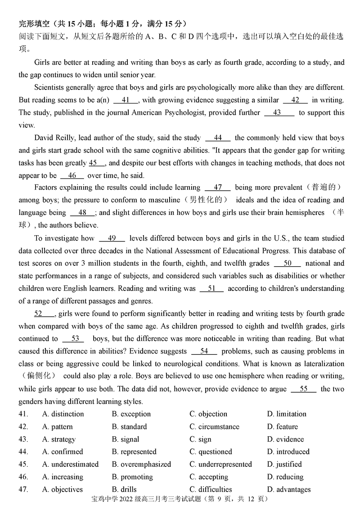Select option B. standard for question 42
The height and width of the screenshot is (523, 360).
coord(129,426)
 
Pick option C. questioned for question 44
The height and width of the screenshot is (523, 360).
coord(211,451)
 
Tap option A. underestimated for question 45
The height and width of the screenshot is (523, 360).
coord(70,464)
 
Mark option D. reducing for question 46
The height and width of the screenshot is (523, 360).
coord(285,477)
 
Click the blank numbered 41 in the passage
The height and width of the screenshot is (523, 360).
coord(126,100)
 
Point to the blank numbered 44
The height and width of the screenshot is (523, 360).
coord(218,138)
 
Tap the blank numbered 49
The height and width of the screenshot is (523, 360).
coord(112,238)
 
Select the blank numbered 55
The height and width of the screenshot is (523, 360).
coord(303,389)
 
